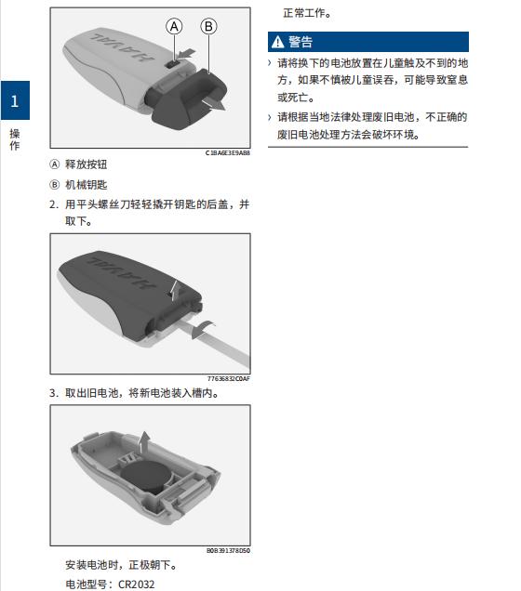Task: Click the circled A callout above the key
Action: (x=174, y=27)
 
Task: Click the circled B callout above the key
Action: (x=208, y=27)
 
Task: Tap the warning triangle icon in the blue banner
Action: (x=277, y=42)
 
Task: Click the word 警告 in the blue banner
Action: (x=301, y=42)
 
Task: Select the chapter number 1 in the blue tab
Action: (x=14, y=99)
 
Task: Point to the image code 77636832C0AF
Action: (x=229, y=379)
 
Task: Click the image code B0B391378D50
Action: (x=228, y=550)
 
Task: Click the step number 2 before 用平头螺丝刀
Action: (x=53, y=204)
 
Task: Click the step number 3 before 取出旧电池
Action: (x=53, y=393)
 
